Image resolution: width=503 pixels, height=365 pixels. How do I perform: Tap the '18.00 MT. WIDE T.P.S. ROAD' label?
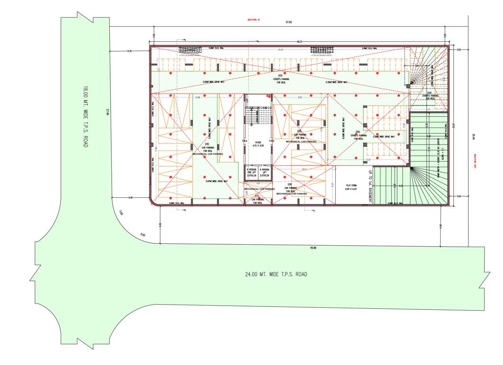(x=85, y=116)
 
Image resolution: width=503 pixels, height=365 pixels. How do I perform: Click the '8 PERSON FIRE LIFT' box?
(x=251, y=172)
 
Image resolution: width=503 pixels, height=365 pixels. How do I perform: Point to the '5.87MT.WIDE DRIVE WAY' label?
(x=217, y=181)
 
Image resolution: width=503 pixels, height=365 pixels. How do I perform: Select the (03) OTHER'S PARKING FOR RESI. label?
(x=280, y=79)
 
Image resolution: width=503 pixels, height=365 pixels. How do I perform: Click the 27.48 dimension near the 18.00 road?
(x=108, y=112)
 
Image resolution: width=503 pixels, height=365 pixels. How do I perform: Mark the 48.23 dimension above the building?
(x=299, y=42)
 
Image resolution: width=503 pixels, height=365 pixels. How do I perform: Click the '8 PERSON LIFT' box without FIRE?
(x=265, y=172)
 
